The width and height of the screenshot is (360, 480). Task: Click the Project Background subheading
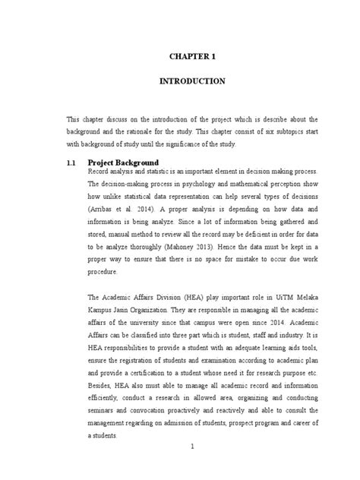pyautogui.click(x=123, y=163)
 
